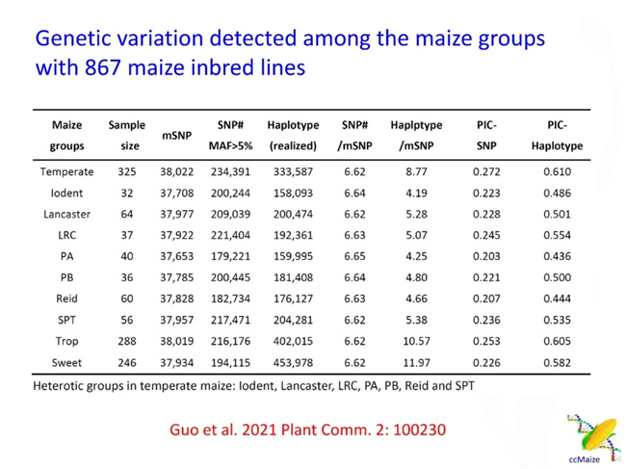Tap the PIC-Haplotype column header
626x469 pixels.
point(557,136)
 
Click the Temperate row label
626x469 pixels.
point(67,172)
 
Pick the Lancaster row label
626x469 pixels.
point(67,214)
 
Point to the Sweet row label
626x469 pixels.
point(67,363)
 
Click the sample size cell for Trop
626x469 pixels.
point(126,342)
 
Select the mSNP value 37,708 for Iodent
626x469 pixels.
point(178,193)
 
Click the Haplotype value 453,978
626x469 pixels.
point(292,363)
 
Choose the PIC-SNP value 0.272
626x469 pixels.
point(486,172)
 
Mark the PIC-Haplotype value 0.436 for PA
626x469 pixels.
point(557,257)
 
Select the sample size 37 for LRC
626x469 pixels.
point(126,235)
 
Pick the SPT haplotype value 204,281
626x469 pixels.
point(292,321)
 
